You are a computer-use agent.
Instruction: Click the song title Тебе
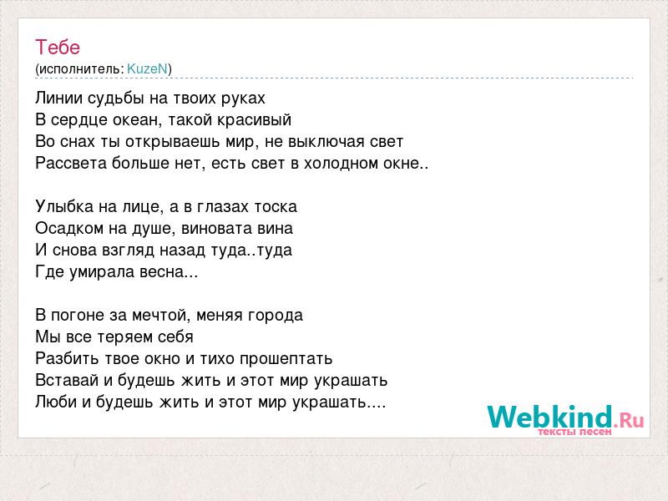[58, 47]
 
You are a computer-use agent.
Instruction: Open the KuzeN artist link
[148, 68]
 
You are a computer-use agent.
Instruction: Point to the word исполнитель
[81, 69]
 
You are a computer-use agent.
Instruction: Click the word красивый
[255, 120]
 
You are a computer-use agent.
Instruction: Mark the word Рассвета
[71, 163]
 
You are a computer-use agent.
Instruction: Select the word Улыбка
[64, 206]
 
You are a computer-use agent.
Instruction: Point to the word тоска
[276, 206]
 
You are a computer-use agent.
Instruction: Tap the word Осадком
[69, 228]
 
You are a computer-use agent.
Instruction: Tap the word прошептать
[286, 359]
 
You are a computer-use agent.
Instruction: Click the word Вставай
[67, 380]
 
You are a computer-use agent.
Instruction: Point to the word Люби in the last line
[56, 402]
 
